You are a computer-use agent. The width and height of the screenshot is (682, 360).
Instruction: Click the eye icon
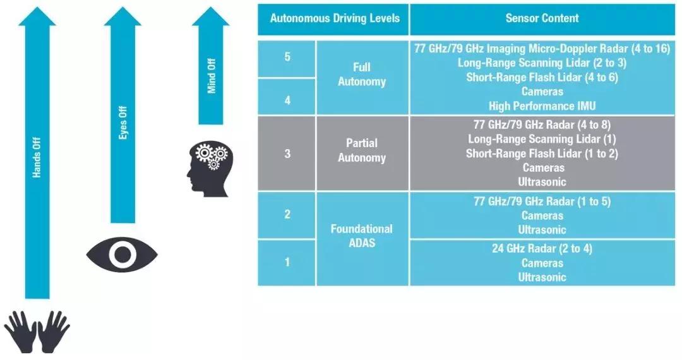click(122, 255)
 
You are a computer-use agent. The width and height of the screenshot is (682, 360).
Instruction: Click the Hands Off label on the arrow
click(37, 164)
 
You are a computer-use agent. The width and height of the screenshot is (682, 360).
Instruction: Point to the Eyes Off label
click(123, 126)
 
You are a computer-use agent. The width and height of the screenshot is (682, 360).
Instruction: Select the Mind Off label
click(212, 76)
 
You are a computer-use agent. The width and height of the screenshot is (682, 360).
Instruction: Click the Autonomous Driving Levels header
click(335, 18)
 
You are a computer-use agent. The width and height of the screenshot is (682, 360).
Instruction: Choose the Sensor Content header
click(542, 18)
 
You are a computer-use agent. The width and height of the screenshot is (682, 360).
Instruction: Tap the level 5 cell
click(287, 57)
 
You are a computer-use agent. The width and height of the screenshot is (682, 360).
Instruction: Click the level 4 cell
click(287, 99)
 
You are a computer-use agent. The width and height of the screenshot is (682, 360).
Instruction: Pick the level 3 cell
click(287, 153)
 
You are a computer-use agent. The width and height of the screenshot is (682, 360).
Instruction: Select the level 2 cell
click(287, 215)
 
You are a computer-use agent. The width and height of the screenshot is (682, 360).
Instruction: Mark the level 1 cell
click(287, 261)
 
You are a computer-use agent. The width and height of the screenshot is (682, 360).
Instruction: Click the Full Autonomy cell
click(362, 75)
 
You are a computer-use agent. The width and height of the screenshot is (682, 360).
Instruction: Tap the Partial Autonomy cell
click(362, 150)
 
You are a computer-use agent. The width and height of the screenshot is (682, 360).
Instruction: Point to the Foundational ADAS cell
click(362, 236)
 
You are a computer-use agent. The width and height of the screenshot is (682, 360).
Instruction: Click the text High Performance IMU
click(542, 106)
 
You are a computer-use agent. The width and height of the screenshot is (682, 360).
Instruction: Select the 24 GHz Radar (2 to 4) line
click(542, 248)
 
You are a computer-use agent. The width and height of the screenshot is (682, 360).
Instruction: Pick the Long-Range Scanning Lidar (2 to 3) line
click(542, 63)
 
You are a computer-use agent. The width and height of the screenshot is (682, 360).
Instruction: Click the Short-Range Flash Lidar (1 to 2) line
click(542, 153)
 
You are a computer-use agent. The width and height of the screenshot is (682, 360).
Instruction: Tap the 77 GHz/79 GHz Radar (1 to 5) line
click(542, 201)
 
